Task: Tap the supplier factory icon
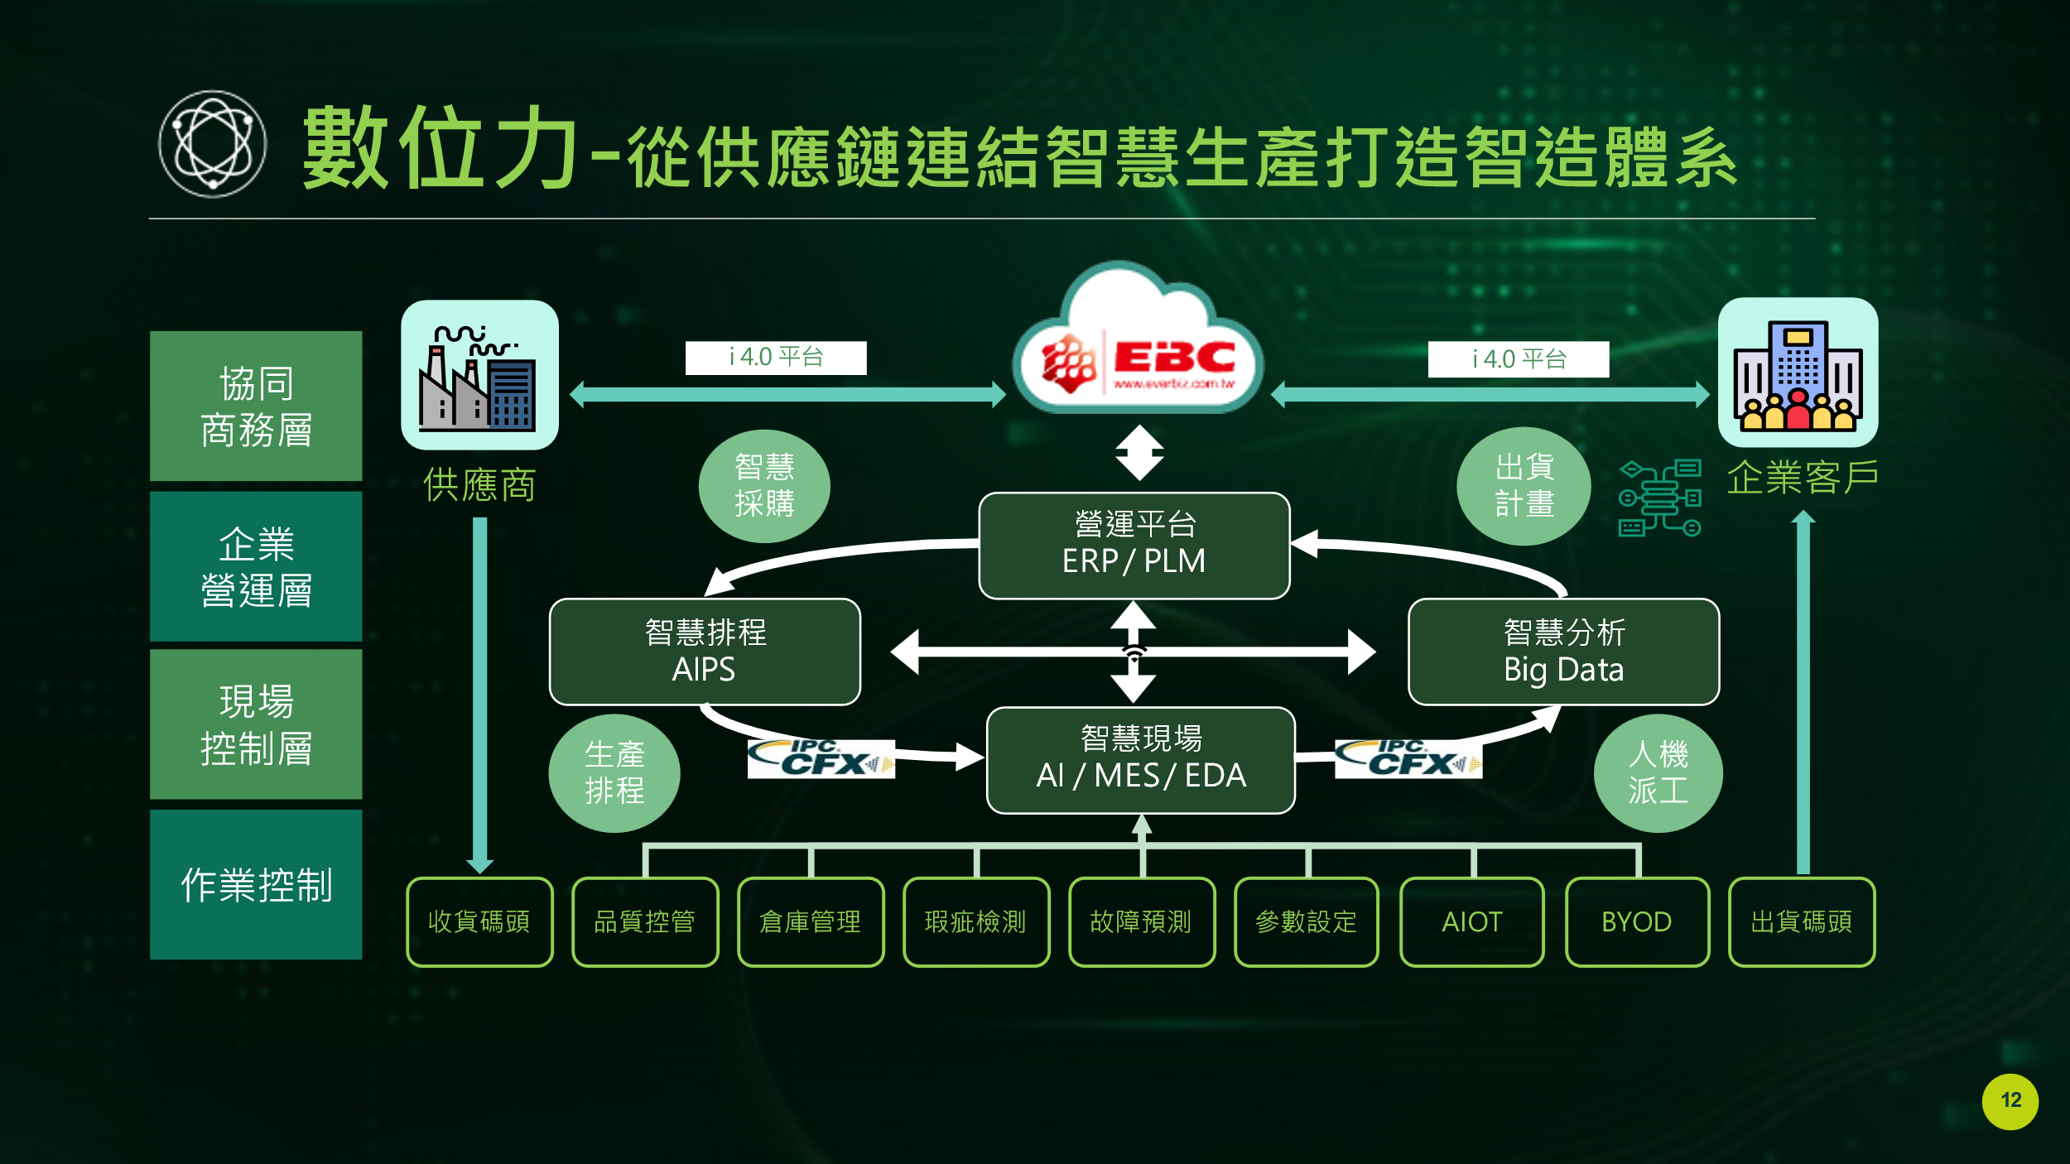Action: [479, 375]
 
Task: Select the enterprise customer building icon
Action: [1798, 373]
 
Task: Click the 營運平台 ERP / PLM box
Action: [1134, 545]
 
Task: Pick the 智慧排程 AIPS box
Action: [705, 652]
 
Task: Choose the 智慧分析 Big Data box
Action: [1563, 652]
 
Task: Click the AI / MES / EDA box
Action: [1141, 760]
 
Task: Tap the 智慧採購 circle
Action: [764, 486]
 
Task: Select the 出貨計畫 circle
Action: [1524, 486]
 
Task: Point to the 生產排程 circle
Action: [614, 772]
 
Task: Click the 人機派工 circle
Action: [1658, 772]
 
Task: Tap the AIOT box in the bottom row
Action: [1471, 921]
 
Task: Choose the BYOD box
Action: [1637, 921]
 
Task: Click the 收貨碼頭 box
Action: [479, 921]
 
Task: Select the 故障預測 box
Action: [1141, 921]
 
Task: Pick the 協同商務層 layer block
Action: [256, 406]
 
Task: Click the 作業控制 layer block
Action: [256, 884]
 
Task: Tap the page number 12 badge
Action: [2010, 1101]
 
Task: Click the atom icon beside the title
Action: [213, 144]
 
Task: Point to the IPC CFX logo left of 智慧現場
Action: [821, 758]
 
